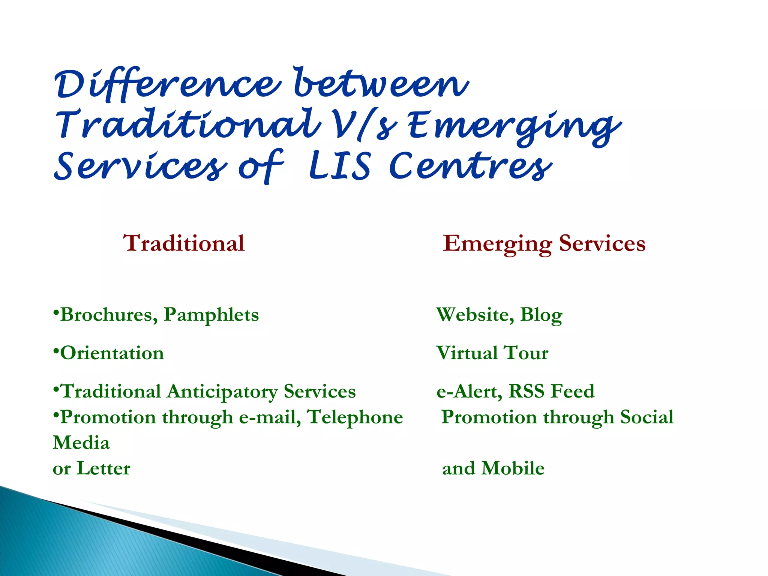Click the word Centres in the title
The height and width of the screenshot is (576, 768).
coord(471,166)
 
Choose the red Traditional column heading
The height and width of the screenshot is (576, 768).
coord(184,243)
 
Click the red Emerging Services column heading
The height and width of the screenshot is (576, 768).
coord(544,243)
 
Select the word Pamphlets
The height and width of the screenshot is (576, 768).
coord(211,315)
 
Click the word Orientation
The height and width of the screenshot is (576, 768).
coord(112,353)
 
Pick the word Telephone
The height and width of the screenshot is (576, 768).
coord(355,417)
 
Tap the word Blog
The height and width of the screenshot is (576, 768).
coord(541,315)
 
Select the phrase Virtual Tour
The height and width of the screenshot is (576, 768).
coord(492,353)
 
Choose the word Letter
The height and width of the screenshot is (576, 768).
coord(103,468)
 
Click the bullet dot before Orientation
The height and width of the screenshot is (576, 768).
coord(55,351)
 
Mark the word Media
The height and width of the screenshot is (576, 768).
coord(81,443)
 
